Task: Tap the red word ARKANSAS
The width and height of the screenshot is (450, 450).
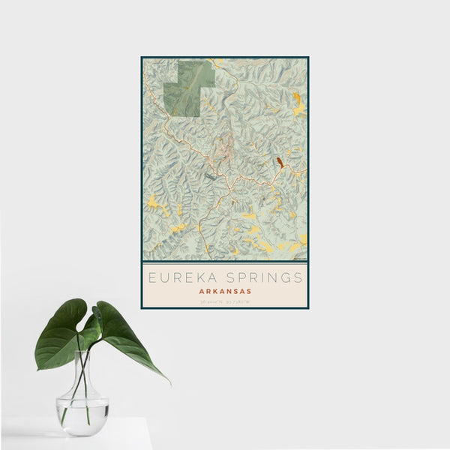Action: pyautogui.click(x=224, y=291)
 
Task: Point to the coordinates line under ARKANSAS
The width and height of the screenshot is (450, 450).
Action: pyautogui.click(x=224, y=301)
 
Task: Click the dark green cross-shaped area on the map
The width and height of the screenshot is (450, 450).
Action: pyautogui.click(x=188, y=88)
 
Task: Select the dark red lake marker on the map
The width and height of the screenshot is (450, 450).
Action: pyautogui.click(x=280, y=161)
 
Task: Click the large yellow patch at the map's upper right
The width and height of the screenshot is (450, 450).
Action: pyautogui.click(x=298, y=104)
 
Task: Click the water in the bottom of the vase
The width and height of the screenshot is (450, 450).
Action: pyautogui.click(x=82, y=415)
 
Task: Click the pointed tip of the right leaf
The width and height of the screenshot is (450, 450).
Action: pyautogui.click(x=168, y=382)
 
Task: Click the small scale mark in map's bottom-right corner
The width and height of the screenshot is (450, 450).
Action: pyautogui.click(x=300, y=258)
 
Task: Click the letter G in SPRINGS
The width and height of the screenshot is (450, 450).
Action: pyautogui.click(x=285, y=277)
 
